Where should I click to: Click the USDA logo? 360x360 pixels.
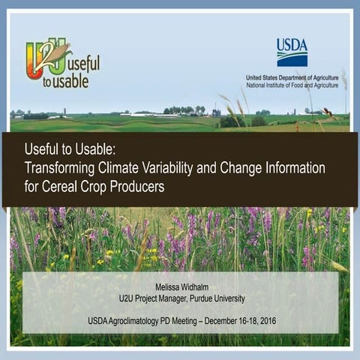(x=292, y=52)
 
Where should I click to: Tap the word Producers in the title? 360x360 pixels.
(x=138, y=187)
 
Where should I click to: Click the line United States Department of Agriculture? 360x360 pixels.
(x=292, y=77)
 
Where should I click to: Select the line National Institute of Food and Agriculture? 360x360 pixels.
(x=292, y=85)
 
